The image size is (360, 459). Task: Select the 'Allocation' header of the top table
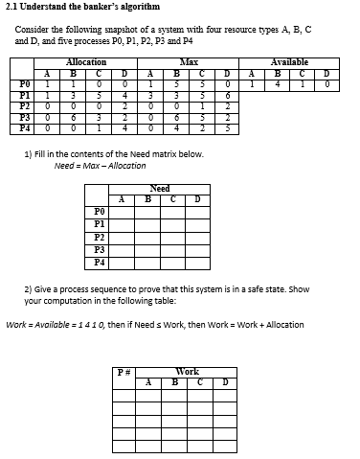pos(86,61)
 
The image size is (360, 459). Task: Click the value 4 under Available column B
pos(276,84)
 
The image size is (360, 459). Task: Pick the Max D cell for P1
pos(227,95)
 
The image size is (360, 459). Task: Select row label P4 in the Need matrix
pos(100,262)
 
